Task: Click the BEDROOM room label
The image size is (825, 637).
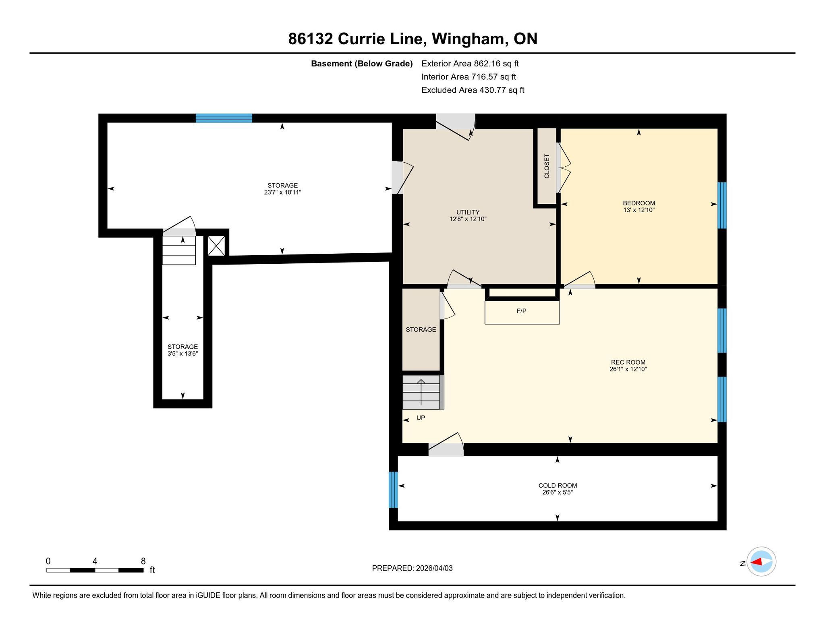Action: point(638,203)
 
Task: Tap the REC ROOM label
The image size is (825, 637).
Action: point(628,362)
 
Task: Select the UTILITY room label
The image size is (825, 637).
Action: point(468,212)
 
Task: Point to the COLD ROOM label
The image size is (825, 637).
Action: point(558,486)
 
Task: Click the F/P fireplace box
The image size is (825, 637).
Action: point(522,312)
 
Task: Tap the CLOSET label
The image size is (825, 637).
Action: point(547,165)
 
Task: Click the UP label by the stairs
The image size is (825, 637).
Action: point(421,418)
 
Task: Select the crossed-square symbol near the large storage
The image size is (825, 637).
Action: point(216,246)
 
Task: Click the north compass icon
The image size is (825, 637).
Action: point(761,562)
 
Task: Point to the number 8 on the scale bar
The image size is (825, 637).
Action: point(143,561)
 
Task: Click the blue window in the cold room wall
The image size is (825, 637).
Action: point(393,490)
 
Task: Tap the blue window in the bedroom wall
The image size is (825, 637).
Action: point(722,205)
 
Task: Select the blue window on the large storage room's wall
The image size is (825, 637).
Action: point(224,118)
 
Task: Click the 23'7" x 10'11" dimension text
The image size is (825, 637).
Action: point(282,192)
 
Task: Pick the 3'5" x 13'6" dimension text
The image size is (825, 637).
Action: point(182,354)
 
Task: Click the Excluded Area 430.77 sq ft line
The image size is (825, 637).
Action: point(473,90)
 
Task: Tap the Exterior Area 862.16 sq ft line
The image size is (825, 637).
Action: point(470,64)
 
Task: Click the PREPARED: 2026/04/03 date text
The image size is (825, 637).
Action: point(412,568)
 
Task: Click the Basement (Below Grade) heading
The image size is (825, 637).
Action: point(362,64)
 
